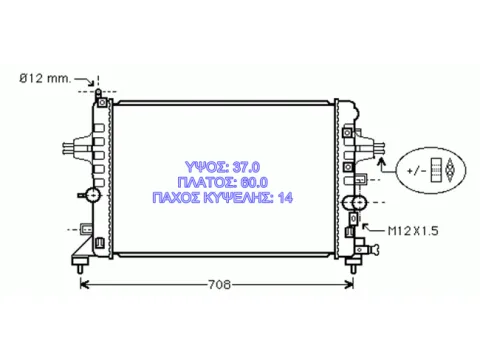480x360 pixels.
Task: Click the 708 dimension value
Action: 219,285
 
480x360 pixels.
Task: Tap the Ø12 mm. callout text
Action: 45,79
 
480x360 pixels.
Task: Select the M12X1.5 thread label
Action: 413,231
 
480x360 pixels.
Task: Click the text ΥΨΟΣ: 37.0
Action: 223,167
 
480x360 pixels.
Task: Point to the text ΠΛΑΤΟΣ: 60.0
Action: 223,182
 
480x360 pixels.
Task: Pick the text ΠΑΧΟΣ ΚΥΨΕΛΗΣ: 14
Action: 223,198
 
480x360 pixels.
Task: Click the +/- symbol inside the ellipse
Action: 416,171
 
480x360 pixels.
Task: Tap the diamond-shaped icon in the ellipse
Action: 450,170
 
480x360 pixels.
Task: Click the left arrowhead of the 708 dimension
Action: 84,285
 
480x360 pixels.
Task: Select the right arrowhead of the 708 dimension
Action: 350,285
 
